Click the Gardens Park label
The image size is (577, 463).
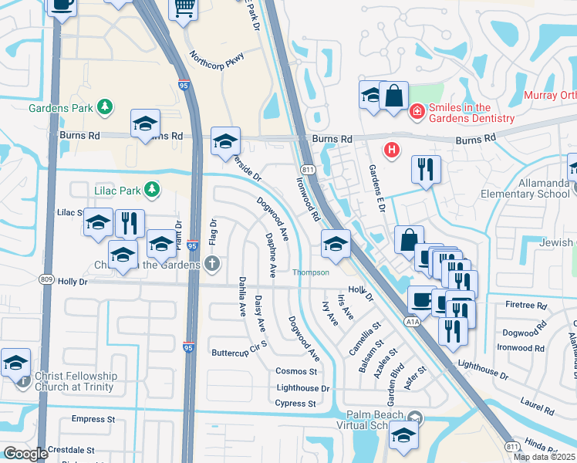(x=61, y=107)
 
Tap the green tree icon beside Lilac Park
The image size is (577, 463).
(x=153, y=188)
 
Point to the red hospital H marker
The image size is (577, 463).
(x=392, y=149)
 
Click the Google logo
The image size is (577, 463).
(x=25, y=454)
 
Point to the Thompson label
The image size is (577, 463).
(x=310, y=272)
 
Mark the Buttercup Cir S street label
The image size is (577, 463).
(x=238, y=353)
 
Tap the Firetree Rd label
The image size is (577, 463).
(x=527, y=306)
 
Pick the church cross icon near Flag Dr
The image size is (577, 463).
(x=212, y=265)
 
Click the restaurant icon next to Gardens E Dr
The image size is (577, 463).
(x=426, y=169)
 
